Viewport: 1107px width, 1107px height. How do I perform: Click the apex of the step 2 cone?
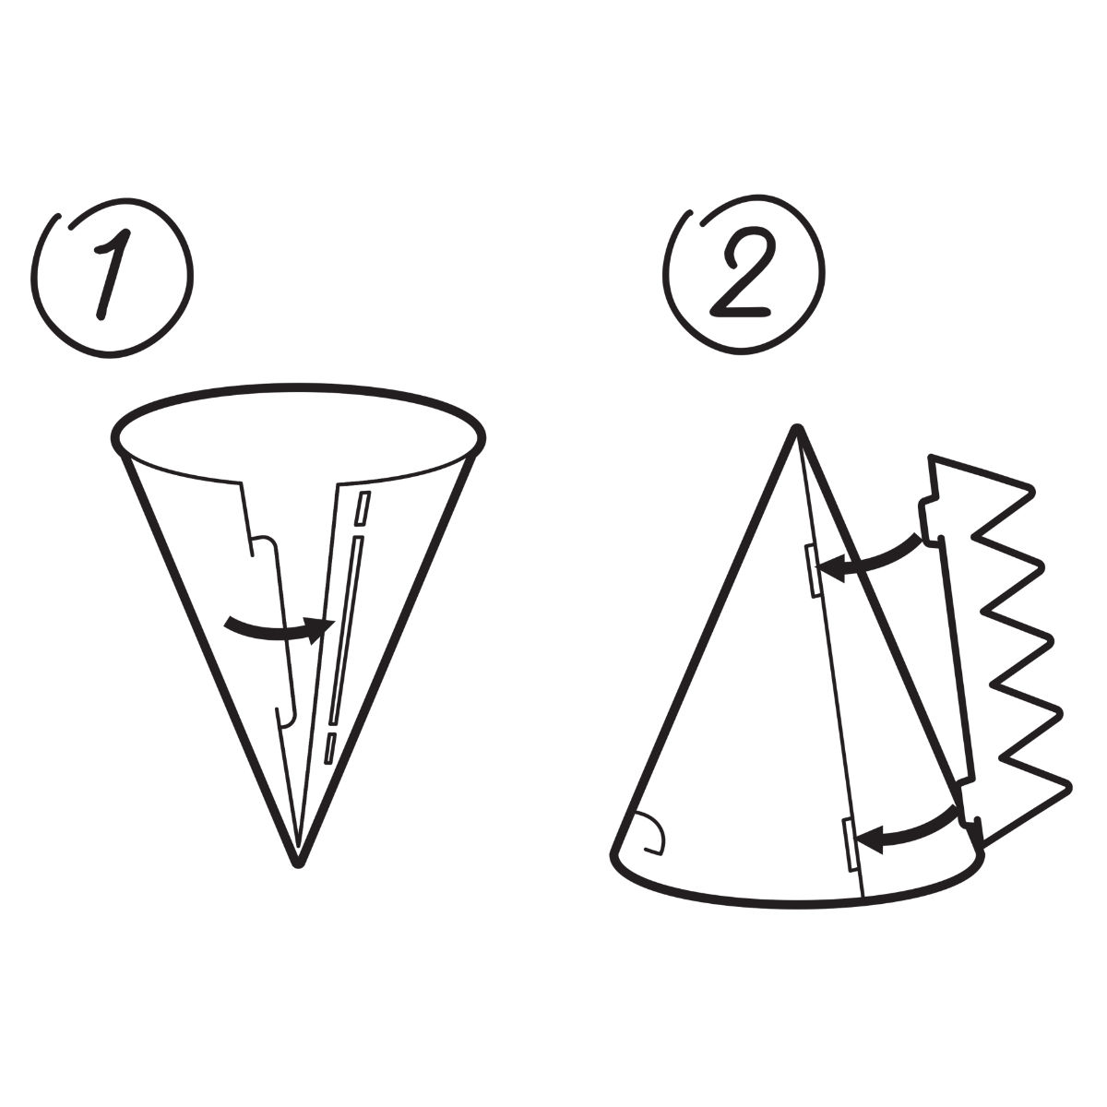point(797,427)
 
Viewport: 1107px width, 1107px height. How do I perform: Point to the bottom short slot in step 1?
point(329,748)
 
